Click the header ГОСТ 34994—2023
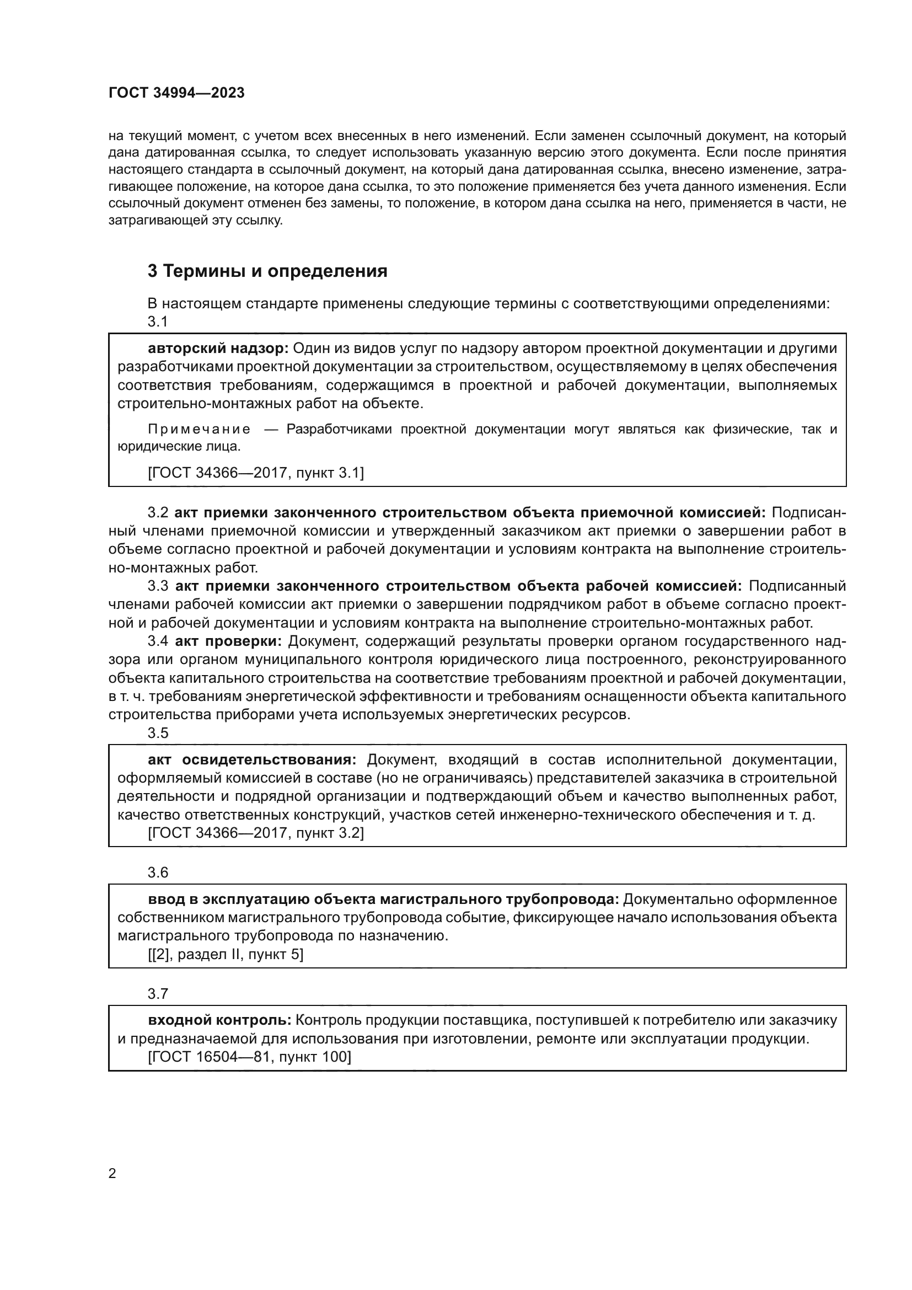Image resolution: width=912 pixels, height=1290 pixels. pyautogui.click(x=176, y=93)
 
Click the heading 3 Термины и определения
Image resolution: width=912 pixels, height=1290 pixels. pyautogui.click(x=267, y=271)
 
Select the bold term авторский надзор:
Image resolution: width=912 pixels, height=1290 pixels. pyautogui.click(x=218, y=349)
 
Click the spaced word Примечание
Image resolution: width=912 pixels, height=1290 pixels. pyautogui.click(x=200, y=429)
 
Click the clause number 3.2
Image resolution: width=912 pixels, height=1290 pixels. pyautogui.click(x=158, y=513)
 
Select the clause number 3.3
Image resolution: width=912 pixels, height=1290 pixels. pyautogui.click(x=158, y=586)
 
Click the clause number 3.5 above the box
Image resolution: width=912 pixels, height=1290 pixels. pyautogui.click(x=158, y=733)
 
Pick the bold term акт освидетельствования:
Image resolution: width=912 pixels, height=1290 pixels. pyautogui.click(x=252, y=760)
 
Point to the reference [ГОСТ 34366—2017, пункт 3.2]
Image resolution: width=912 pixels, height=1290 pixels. pyautogui.click(x=255, y=833)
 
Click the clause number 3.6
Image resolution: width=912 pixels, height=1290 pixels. pyautogui.click(x=158, y=873)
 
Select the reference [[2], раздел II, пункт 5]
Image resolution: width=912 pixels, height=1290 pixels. pyautogui.click(x=225, y=955)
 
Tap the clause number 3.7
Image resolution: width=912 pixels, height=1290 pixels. pyautogui.click(x=158, y=994)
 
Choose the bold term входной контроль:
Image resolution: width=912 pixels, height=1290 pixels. pyautogui.click(x=219, y=1020)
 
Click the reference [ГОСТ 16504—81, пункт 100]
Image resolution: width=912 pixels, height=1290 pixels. pyautogui.click(x=249, y=1057)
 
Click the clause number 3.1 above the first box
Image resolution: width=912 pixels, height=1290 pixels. pyautogui.click(x=158, y=322)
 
